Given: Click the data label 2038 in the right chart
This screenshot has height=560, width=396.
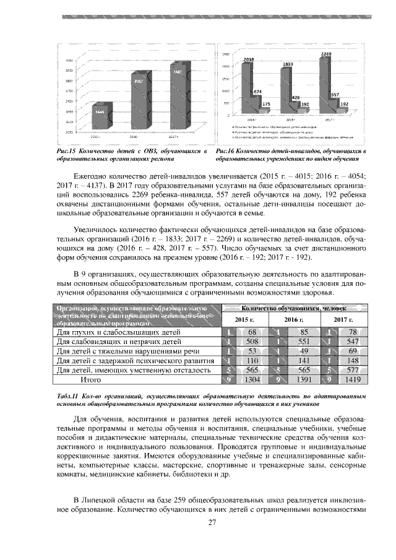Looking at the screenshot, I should pyautogui.click(x=248, y=59).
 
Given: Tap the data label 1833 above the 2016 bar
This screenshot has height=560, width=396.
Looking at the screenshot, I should pyautogui.click(x=288, y=64).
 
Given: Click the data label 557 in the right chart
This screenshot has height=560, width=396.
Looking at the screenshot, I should pyautogui.click(x=335, y=95).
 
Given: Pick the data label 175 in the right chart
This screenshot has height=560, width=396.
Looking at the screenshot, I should pyautogui.click(x=266, y=104).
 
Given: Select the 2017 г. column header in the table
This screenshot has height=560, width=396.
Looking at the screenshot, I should pyautogui.click(x=343, y=319).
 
